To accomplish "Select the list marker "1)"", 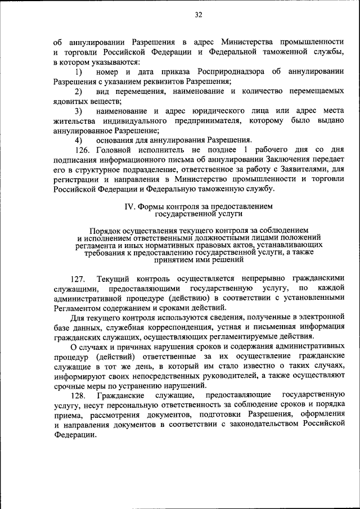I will pos(79,72).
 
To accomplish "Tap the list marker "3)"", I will pos(79,111).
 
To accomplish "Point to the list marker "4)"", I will pos(79,139).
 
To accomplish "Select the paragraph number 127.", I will pos(78,280).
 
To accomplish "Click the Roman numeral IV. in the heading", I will pos(130,206).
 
